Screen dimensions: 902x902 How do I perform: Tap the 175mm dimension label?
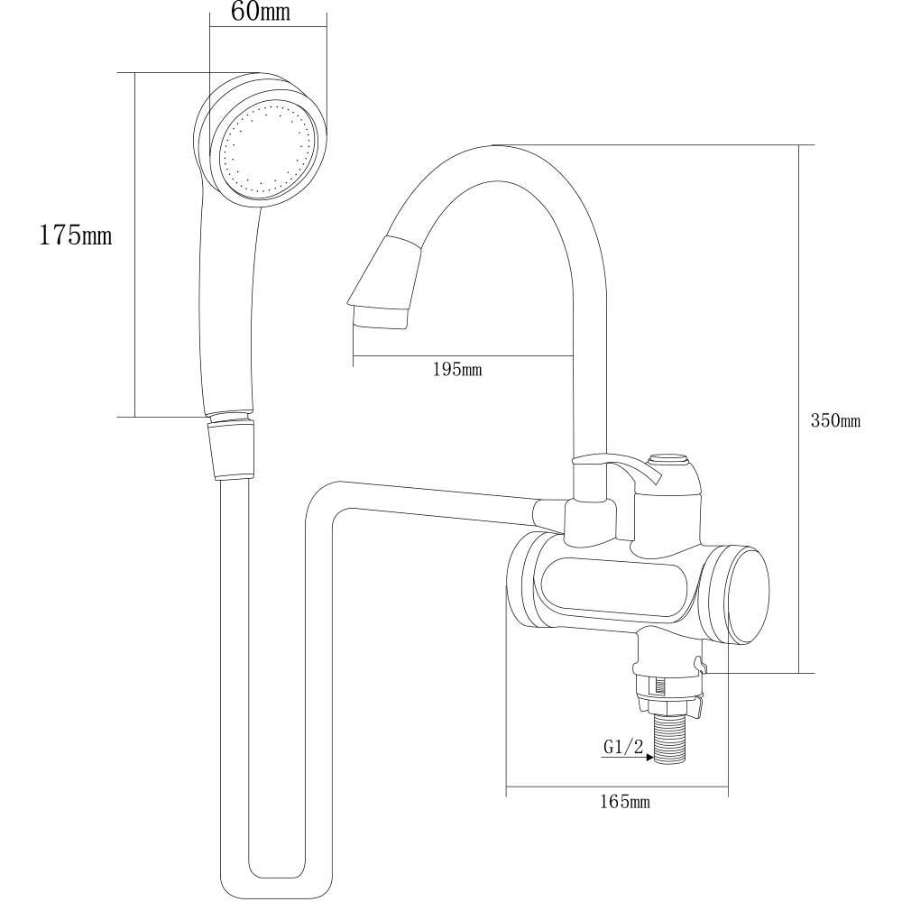(x=75, y=236)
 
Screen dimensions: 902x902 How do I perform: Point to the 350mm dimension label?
(x=836, y=420)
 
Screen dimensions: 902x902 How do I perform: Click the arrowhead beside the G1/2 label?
(x=648, y=759)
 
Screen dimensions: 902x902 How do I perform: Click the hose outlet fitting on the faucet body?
(x=548, y=514)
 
